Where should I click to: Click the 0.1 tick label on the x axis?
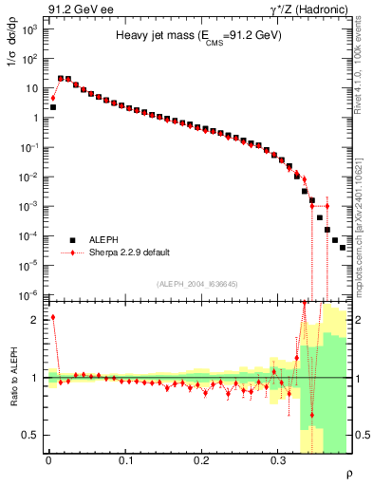(125, 459)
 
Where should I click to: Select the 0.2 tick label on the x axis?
(201, 459)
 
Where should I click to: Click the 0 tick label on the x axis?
(48, 459)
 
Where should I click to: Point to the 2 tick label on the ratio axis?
(35, 320)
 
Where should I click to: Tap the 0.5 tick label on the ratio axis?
(31, 436)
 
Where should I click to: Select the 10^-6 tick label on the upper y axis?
(29, 295)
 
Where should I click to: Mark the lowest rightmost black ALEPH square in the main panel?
(342, 247)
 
